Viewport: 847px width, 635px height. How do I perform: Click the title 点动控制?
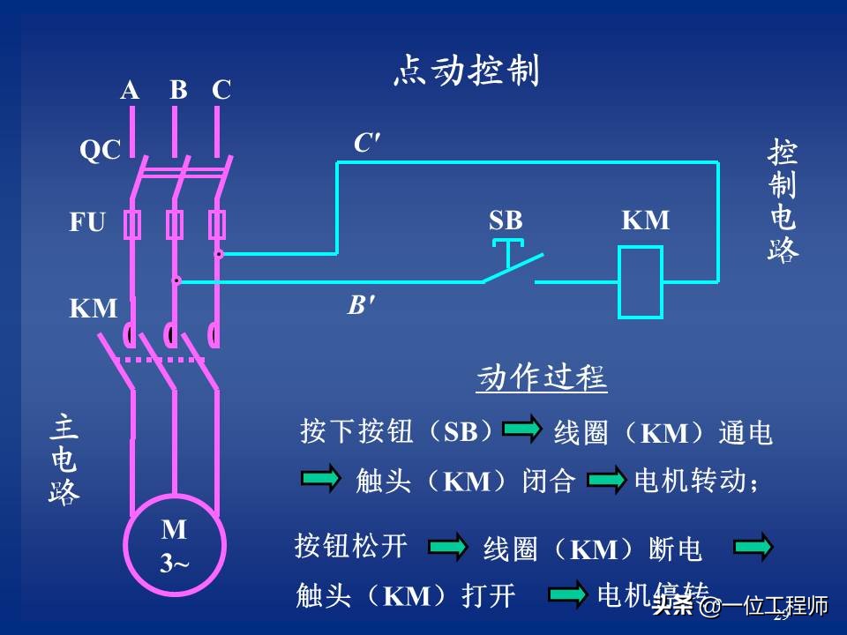click(x=465, y=71)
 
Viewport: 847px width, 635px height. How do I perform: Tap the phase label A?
click(x=130, y=90)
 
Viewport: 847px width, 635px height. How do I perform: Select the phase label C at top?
click(x=221, y=90)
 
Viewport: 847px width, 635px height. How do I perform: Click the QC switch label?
click(x=100, y=151)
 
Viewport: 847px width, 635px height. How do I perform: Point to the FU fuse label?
click(x=87, y=222)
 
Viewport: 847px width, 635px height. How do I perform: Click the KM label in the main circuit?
click(x=94, y=309)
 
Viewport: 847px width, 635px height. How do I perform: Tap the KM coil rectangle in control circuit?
click(x=640, y=282)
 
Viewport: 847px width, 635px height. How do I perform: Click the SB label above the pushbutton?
click(x=506, y=220)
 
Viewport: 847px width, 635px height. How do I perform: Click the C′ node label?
click(x=367, y=143)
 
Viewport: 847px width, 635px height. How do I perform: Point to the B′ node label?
click(x=360, y=306)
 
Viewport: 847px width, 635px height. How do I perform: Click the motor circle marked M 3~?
click(x=174, y=545)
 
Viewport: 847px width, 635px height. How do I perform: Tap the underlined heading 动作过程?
click(x=541, y=378)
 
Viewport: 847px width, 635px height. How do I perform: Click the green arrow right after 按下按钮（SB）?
click(x=521, y=430)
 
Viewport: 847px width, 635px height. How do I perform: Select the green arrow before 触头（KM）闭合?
click(x=320, y=479)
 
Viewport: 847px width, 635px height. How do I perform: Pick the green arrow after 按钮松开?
click(x=448, y=547)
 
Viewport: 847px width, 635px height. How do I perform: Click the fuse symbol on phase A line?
click(x=132, y=225)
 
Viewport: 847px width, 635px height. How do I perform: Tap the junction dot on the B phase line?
click(x=176, y=280)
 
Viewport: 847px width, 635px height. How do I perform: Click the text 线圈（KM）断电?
click(x=592, y=550)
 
